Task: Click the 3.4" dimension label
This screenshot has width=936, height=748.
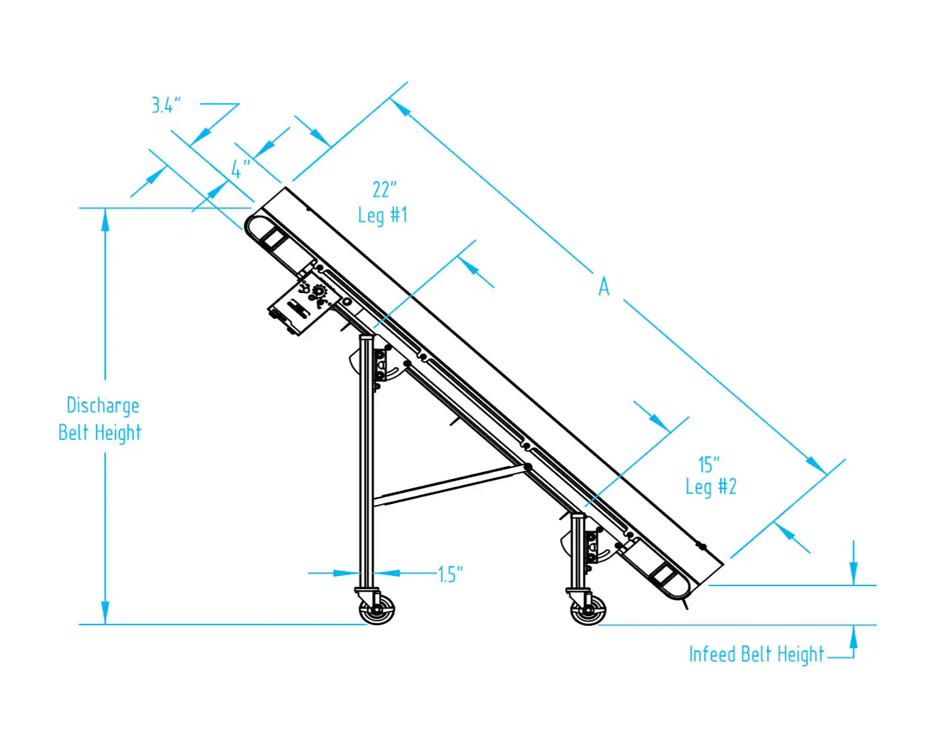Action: tap(166, 105)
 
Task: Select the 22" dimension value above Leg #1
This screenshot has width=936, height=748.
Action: tap(384, 189)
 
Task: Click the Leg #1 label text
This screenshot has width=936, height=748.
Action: tap(382, 216)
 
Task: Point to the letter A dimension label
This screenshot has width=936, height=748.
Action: tap(604, 287)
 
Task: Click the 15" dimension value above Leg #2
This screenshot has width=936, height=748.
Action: tap(709, 465)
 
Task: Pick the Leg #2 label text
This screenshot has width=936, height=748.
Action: tap(711, 487)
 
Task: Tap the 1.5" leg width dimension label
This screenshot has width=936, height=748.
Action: tap(450, 575)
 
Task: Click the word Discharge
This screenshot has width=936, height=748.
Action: tap(103, 406)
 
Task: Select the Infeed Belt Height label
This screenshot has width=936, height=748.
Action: tap(756, 655)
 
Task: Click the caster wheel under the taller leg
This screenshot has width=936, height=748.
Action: tap(377, 610)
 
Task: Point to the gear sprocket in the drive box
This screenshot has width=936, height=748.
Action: tap(319, 292)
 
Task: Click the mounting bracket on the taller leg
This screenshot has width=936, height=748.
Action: tap(380, 365)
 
